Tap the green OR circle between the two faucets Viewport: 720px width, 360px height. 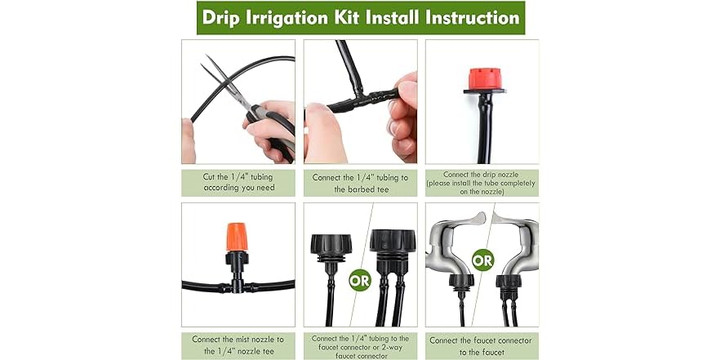tap(482, 261)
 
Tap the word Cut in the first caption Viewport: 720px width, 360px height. tap(210, 176)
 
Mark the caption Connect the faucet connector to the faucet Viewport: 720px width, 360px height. tap(482, 345)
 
